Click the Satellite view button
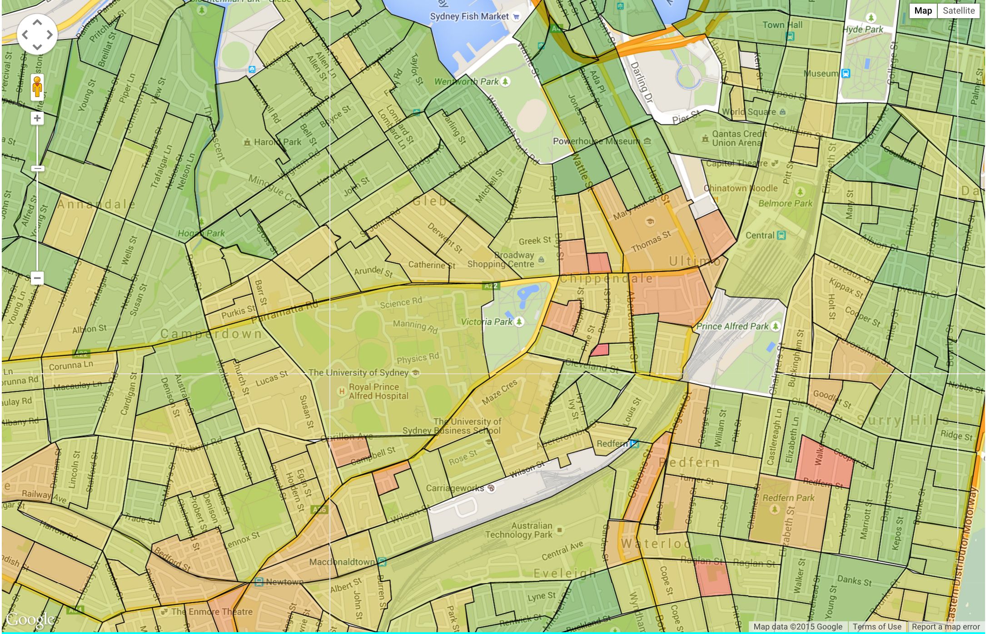[x=958, y=11]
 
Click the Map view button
[x=923, y=11]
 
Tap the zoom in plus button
[x=37, y=119]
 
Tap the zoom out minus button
[x=37, y=278]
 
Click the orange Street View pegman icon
[x=37, y=87]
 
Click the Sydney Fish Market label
[x=469, y=17]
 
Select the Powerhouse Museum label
[x=596, y=141]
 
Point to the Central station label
[x=760, y=235]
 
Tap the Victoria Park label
[x=487, y=322]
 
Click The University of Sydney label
[x=358, y=373]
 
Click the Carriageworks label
[x=455, y=488]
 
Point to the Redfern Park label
[x=788, y=498]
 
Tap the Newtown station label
[x=284, y=582]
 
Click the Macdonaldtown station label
[x=342, y=562]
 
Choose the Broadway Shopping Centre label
[x=501, y=260]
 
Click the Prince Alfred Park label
[x=732, y=326]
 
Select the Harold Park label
[x=277, y=142]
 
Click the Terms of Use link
[x=876, y=627]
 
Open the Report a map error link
[x=946, y=627]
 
